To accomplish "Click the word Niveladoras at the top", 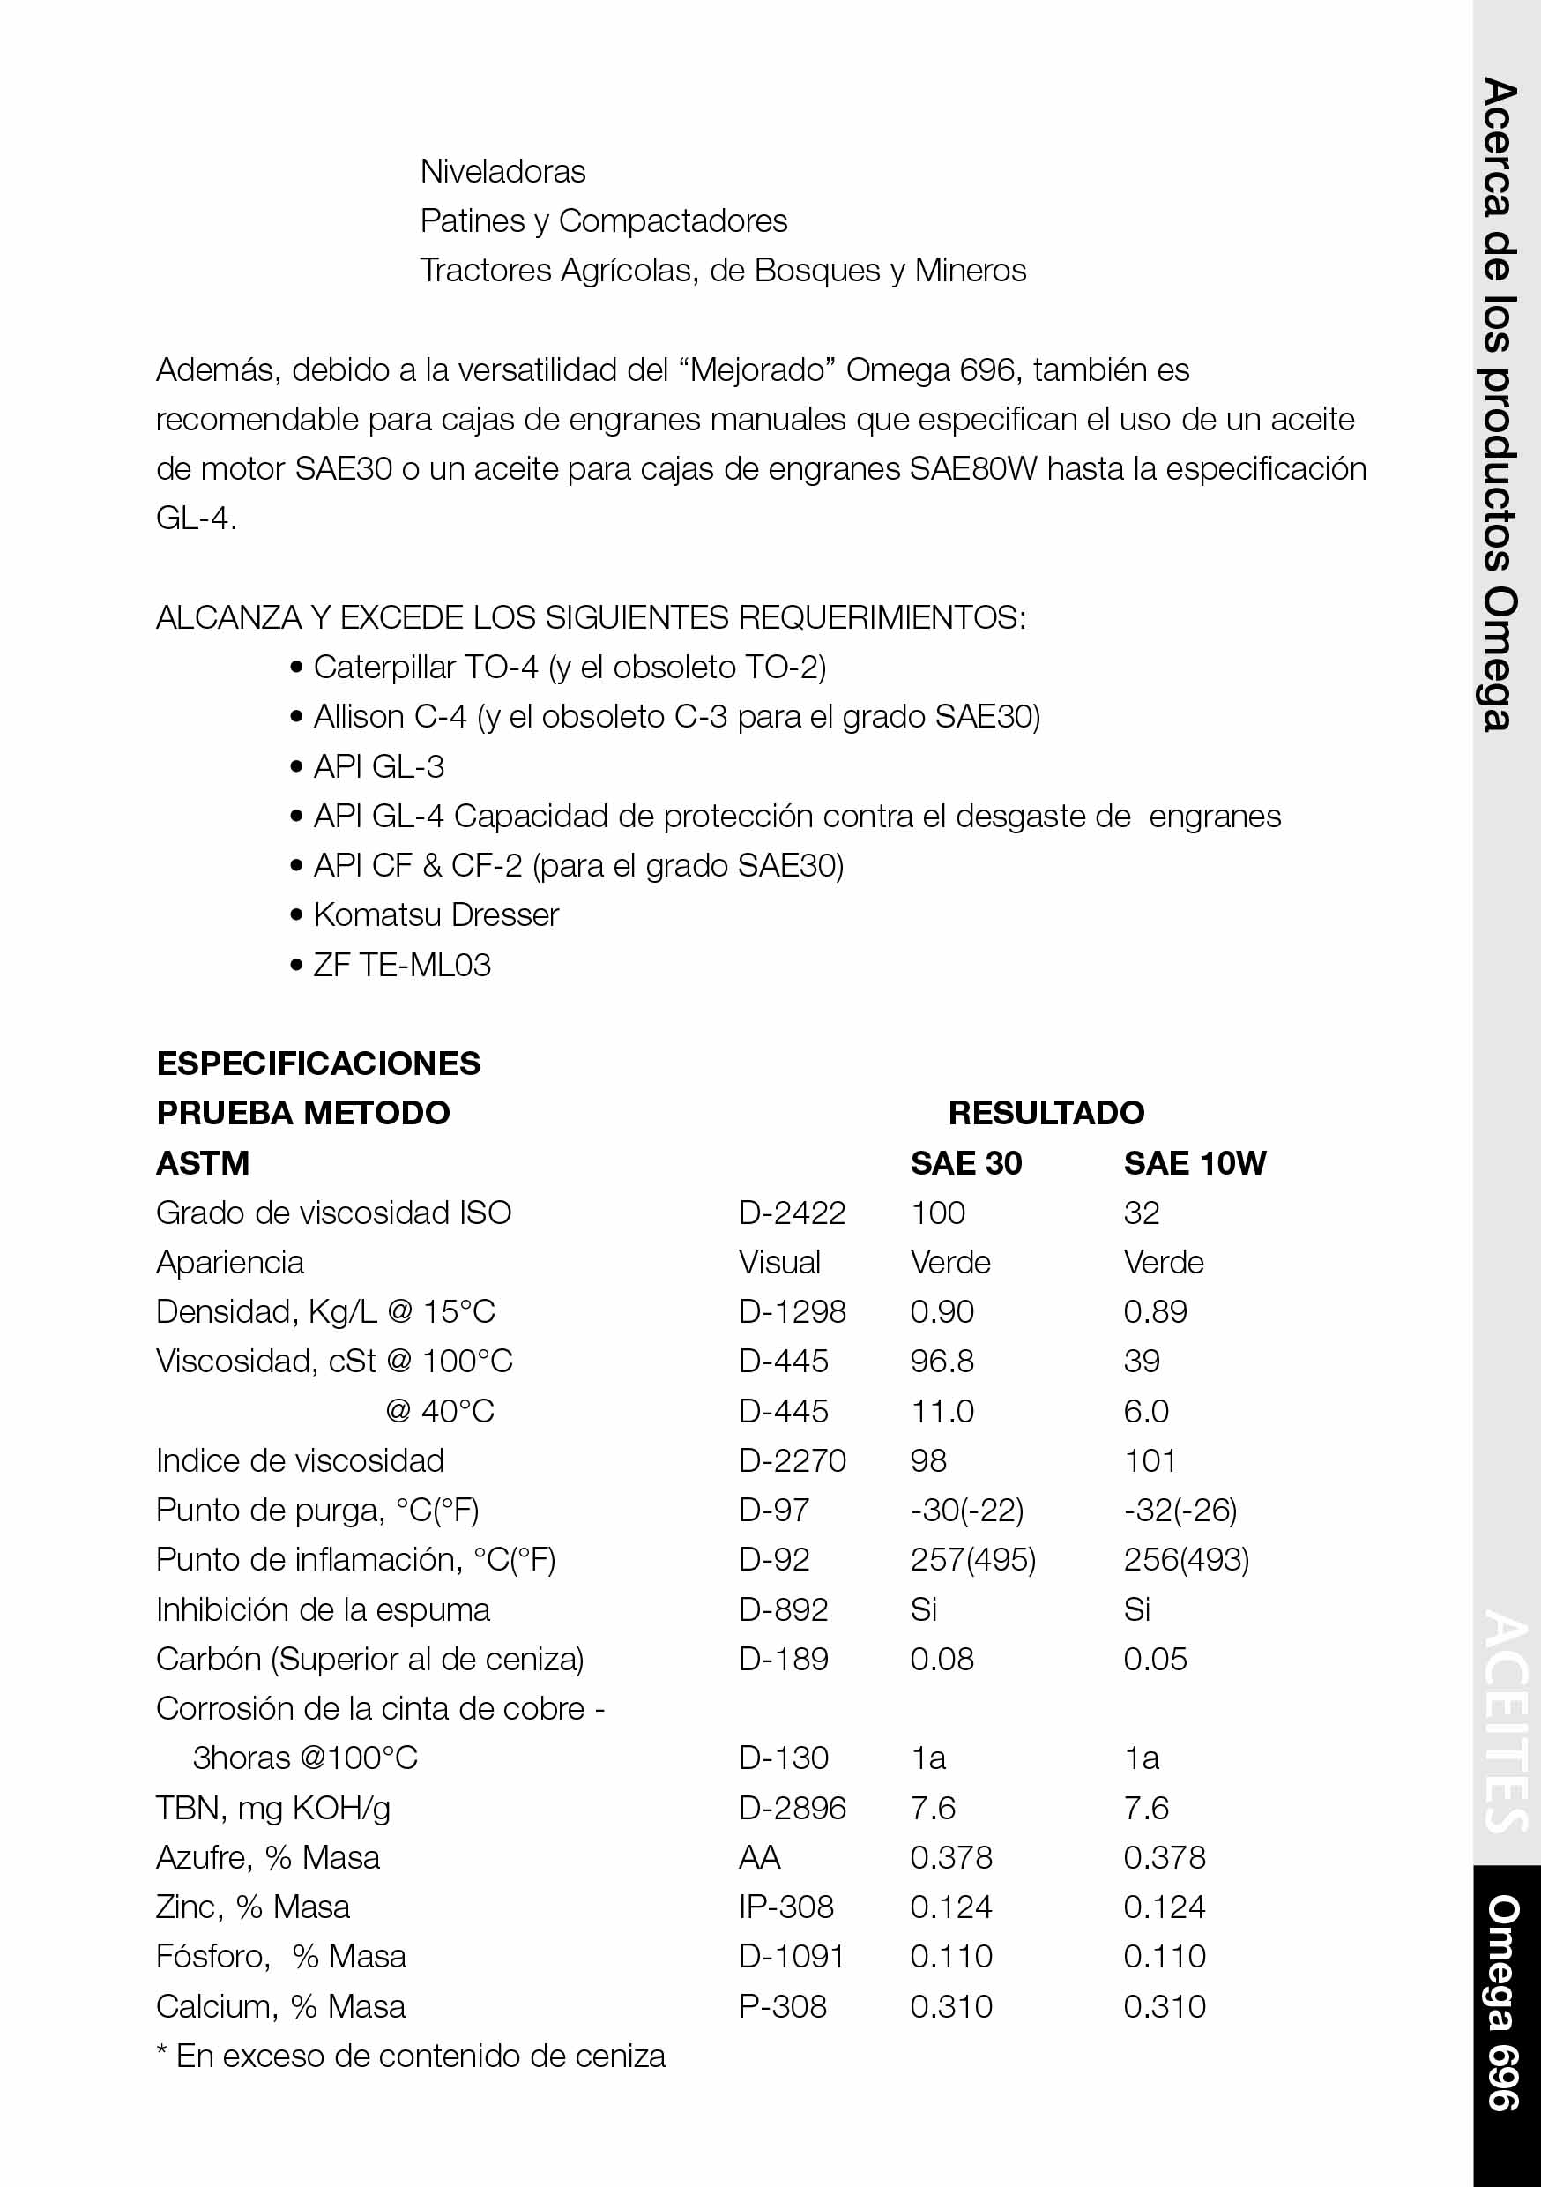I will tap(502, 171).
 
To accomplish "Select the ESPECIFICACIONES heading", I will tap(318, 1063).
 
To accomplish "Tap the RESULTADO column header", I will tap(1046, 1113).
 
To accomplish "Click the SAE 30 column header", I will tap(965, 1163).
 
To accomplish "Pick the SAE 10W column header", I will tap(1195, 1163).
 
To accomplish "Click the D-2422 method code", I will tap(792, 1213).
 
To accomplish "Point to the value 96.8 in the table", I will tap(942, 1362).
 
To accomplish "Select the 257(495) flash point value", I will tap(972, 1559).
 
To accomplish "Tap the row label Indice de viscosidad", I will tap(300, 1460).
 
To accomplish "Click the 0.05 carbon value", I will tap(1155, 1659).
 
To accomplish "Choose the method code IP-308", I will tap(785, 1907).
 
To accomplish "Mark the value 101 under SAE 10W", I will tap(1150, 1460).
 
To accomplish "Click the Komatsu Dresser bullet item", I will tap(435, 914).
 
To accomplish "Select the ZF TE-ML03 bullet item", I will tap(402, 965).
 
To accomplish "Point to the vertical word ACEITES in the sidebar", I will tap(1506, 1721).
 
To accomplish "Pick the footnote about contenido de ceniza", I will tap(411, 2056).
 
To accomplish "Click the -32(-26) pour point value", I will tap(1180, 1510).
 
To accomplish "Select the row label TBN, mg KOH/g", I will tap(273, 1808).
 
